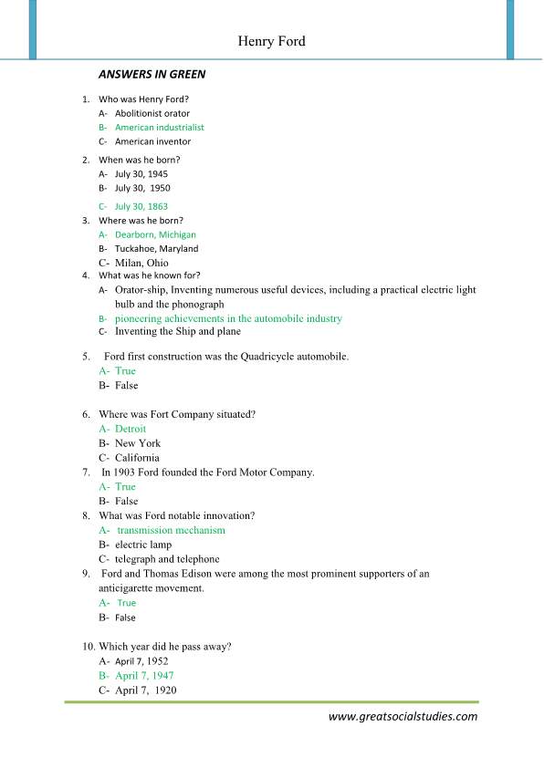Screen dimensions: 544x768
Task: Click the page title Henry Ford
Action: pyautogui.click(x=271, y=42)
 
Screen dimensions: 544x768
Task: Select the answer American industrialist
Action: pyautogui.click(x=159, y=128)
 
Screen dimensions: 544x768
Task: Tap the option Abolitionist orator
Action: pyautogui.click(x=152, y=113)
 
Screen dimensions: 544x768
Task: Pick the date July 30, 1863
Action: pyautogui.click(x=141, y=207)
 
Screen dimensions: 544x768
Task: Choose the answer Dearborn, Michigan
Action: pyautogui.click(x=156, y=234)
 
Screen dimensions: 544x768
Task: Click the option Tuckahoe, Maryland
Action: pyautogui.click(x=156, y=248)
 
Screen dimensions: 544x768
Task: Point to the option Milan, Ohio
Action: pyautogui.click(x=141, y=263)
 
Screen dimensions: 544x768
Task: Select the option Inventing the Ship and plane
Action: pyautogui.click(x=178, y=332)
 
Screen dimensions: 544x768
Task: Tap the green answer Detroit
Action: pyautogui.click(x=130, y=429)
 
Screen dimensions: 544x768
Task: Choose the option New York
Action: pyautogui.click(x=138, y=443)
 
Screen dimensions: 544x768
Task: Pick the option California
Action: pyautogui.click(x=137, y=458)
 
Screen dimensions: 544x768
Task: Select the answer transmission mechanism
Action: pyautogui.click(x=171, y=530)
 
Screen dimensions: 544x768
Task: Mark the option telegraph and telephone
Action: pyautogui.click(x=167, y=559)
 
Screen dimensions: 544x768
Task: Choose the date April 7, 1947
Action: pyautogui.click(x=144, y=676)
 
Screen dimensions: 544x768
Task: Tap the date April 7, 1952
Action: pyautogui.click(x=141, y=661)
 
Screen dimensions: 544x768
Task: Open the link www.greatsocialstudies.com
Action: pyautogui.click(x=403, y=717)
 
